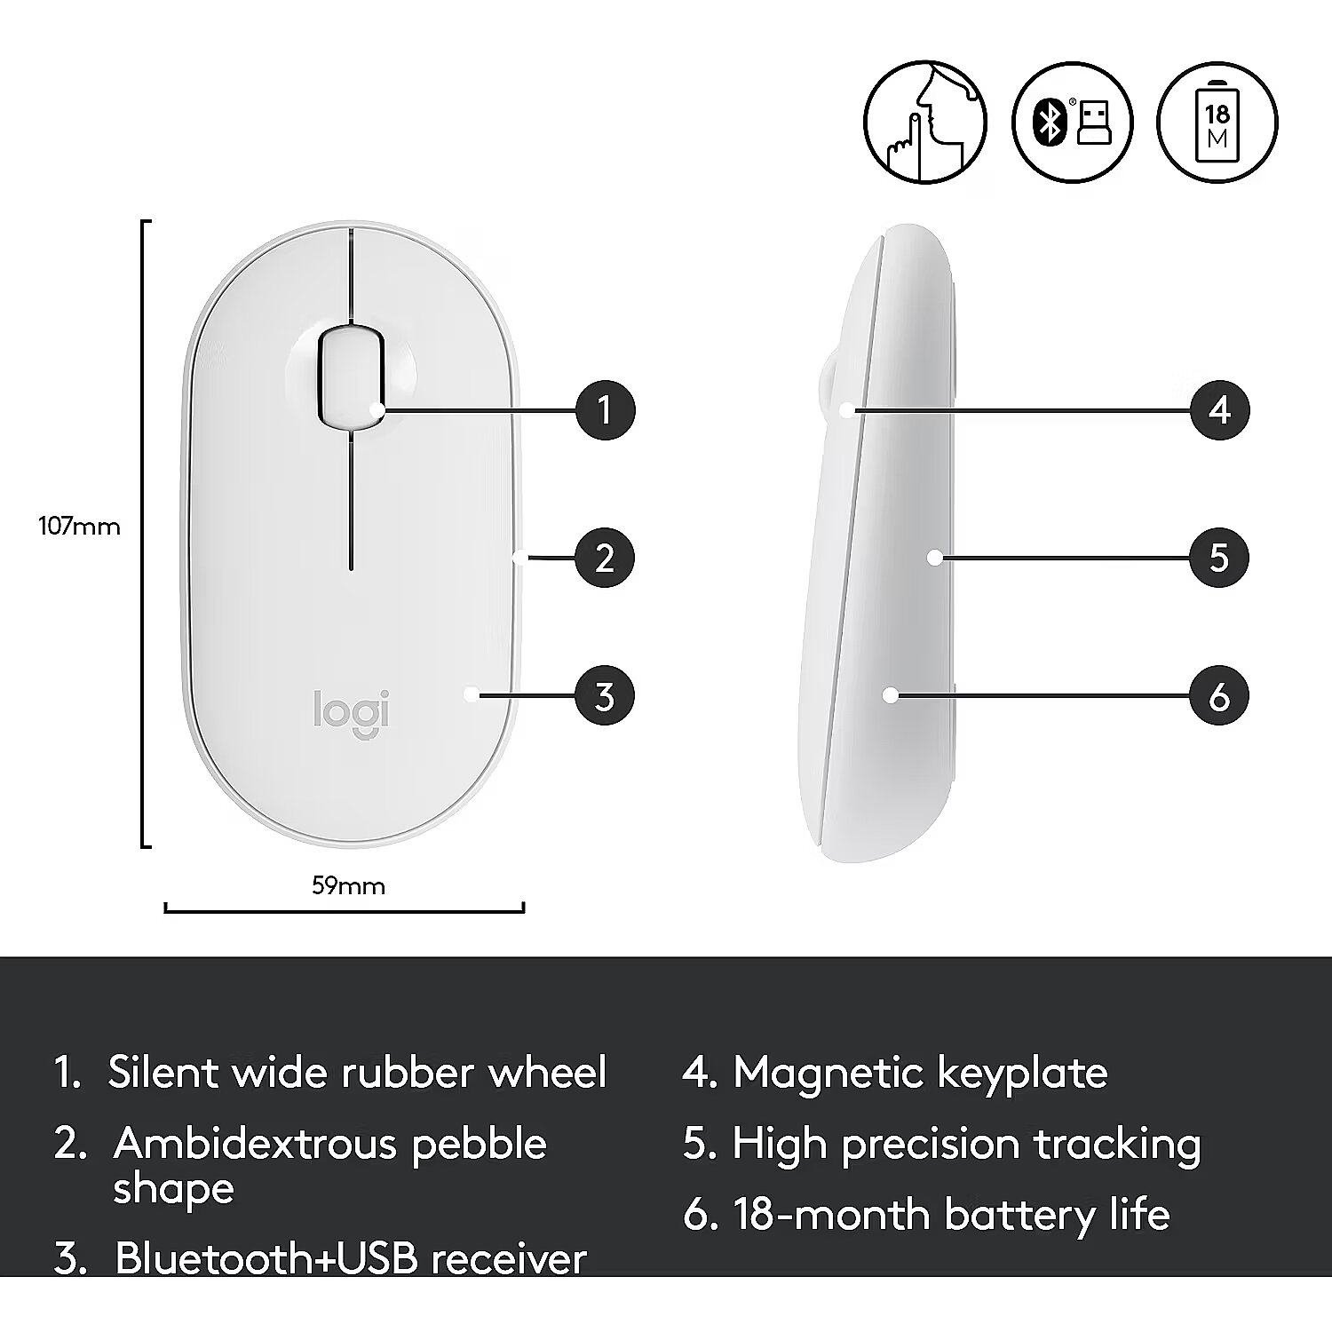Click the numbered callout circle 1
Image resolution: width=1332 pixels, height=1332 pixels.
tap(605, 410)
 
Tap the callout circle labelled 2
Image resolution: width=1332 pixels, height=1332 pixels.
tap(605, 558)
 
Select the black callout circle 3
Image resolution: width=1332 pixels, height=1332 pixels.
tap(605, 695)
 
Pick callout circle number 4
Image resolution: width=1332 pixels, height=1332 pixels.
tap(1219, 410)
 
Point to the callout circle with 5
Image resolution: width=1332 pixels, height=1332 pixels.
tap(1219, 558)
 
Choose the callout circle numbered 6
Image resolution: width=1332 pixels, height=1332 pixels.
tap(1219, 695)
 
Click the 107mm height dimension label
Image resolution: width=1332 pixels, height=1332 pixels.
tap(79, 527)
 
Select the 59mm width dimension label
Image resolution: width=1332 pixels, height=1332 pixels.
tap(348, 885)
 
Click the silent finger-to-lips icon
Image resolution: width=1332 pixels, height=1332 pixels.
tap(924, 123)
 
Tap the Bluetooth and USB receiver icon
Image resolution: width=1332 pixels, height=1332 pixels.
tap(1072, 123)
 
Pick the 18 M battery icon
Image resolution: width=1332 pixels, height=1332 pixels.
tap(1217, 123)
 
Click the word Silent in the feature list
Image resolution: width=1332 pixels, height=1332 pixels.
tap(164, 1072)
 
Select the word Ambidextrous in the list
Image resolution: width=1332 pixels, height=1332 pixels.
tap(256, 1143)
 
